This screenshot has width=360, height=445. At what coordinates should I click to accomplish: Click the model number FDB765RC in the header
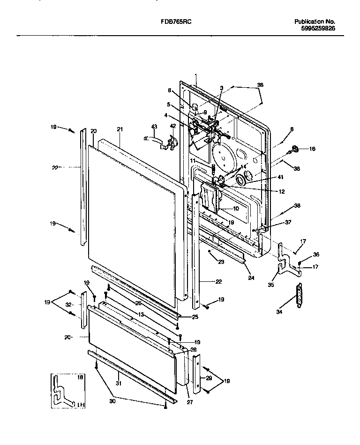[x=180, y=22]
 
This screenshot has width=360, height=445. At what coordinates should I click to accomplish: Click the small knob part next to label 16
[x=295, y=149]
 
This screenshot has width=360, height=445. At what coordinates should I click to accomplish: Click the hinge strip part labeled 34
[x=297, y=297]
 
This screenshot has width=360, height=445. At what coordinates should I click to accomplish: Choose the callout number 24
[x=251, y=277]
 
